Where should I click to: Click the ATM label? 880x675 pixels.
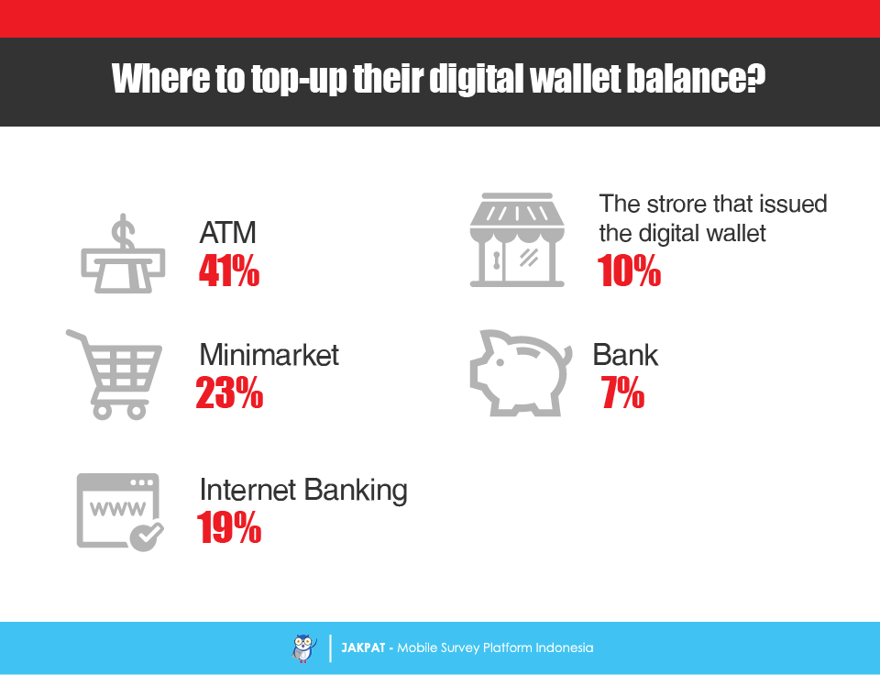(x=228, y=232)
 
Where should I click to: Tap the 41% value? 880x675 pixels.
(x=229, y=271)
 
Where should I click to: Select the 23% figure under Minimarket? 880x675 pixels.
(x=229, y=392)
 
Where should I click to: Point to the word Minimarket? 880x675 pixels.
(x=269, y=355)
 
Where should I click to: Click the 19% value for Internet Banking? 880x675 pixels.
(x=229, y=527)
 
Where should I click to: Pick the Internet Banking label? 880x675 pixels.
(x=303, y=490)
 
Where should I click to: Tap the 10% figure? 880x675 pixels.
(x=629, y=271)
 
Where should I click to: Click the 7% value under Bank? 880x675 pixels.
(x=622, y=392)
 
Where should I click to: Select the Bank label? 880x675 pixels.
(x=625, y=355)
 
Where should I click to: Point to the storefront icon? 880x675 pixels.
(x=517, y=239)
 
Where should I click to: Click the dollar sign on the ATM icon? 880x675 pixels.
(x=123, y=231)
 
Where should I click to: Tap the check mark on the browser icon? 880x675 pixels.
(x=147, y=536)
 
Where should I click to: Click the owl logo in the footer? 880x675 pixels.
(x=304, y=648)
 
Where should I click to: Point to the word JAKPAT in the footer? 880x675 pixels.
(x=363, y=647)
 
